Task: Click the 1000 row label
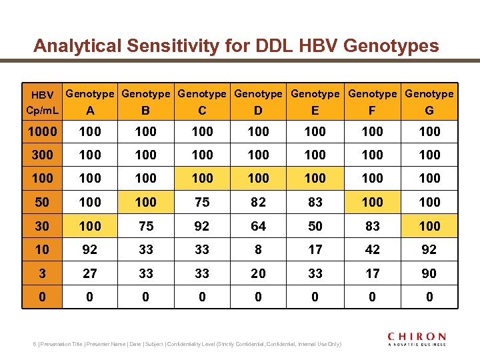tap(42, 131)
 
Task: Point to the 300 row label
tap(42, 155)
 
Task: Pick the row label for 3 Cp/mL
tap(42, 273)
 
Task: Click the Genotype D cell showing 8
tap(259, 249)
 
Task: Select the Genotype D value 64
tap(259, 226)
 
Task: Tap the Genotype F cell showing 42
tap(372, 249)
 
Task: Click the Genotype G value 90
tap(429, 273)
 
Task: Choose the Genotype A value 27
tap(90, 273)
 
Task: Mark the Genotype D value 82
tap(259, 202)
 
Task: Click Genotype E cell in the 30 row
tap(315, 226)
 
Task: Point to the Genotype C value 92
tap(202, 226)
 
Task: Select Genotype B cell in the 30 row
tap(145, 226)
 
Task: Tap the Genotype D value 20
tap(259, 273)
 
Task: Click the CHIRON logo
tap(417, 339)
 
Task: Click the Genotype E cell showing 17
tap(315, 249)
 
